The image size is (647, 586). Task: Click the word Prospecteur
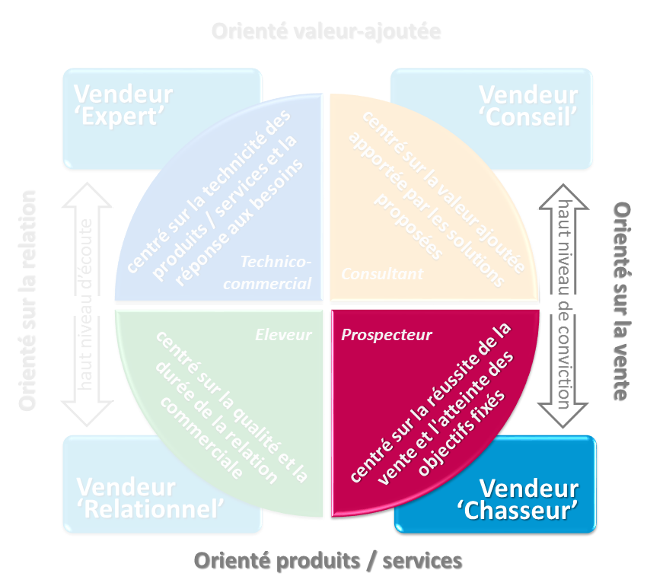point(386,334)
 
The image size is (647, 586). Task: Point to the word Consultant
point(381,273)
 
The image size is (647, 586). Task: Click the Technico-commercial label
point(276,272)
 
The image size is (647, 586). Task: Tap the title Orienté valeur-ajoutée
point(327,32)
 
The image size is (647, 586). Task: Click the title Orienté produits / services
point(328,561)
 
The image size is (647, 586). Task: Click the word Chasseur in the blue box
point(520,511)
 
